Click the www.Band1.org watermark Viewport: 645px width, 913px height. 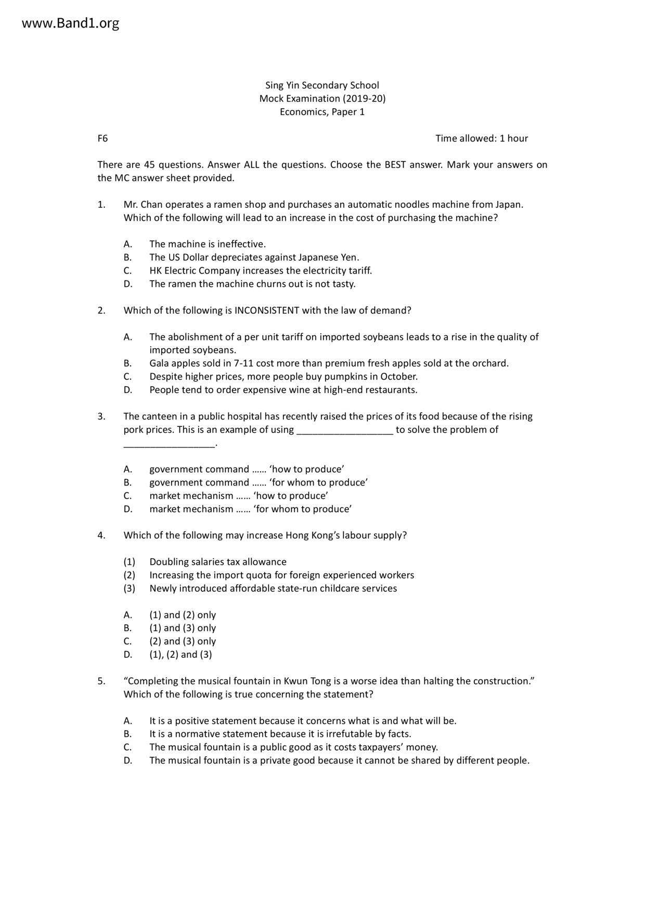tap(71, 23)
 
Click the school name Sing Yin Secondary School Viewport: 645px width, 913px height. tap(322, 85)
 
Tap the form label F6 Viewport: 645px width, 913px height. tap(102, 138)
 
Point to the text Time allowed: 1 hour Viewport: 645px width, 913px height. tap(482, 138)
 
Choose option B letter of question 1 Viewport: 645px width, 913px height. tap(127, 258)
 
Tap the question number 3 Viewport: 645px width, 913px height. tap(101, 416)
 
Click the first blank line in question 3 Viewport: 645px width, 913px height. tap(344, 430)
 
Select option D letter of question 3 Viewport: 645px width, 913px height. tap(127, 509)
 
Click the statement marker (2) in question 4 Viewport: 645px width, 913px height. tap(129, 575)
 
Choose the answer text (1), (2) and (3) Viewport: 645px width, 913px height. tap(180, 655)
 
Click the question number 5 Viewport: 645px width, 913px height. tap(101, 681)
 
